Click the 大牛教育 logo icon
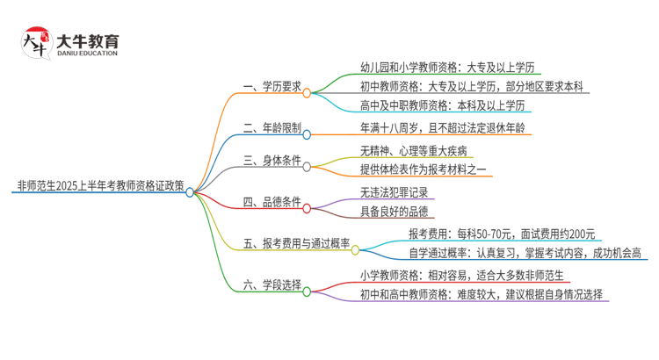[35, 42]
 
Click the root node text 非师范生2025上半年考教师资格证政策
[100, 188]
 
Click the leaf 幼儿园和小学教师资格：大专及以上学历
[447, 67]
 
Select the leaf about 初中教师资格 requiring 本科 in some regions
[474, 87]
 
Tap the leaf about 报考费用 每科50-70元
[501, 234]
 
